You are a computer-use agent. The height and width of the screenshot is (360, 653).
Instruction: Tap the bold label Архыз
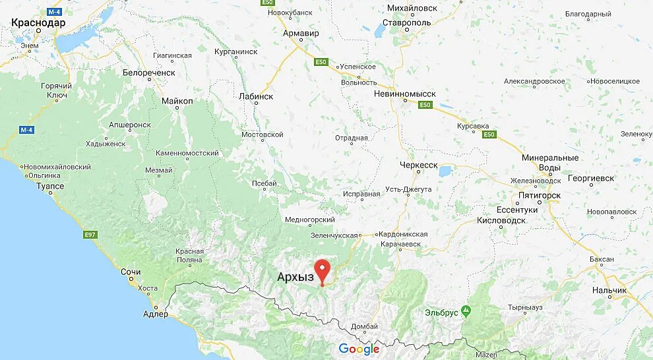tap(294, 278)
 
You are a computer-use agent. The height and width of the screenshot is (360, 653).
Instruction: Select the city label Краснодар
tap(38, 22)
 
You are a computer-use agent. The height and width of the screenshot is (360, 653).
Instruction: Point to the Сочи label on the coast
tap(131, 272)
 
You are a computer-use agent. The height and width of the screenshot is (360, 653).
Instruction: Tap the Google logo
tap(359, 349)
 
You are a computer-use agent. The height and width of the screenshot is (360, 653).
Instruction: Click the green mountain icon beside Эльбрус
tap(466, 310)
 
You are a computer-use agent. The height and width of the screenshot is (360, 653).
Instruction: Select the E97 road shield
tap(90, 234)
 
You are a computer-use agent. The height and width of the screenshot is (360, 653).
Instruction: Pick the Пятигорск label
tap(540, 195)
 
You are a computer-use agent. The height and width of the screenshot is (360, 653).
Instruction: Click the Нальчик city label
tap(609, 290)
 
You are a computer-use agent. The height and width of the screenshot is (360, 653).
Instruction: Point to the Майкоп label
tap(177, 101)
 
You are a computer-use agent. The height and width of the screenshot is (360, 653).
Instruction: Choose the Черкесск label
tap(419, 165)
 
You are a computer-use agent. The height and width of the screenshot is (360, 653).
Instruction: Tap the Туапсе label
tap(49, 186)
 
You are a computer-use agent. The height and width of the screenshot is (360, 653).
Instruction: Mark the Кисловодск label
tap(501, 220)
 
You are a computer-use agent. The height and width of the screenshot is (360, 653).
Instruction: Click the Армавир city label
tap(301, 33)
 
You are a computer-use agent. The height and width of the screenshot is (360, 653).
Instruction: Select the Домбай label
tap(365, 326)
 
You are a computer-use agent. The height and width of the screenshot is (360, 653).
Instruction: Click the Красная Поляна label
tap(189, 256)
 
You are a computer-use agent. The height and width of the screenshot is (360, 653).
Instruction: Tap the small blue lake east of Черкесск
tap(445, 171)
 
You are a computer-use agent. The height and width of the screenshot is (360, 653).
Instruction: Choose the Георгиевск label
tap(592, 178)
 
